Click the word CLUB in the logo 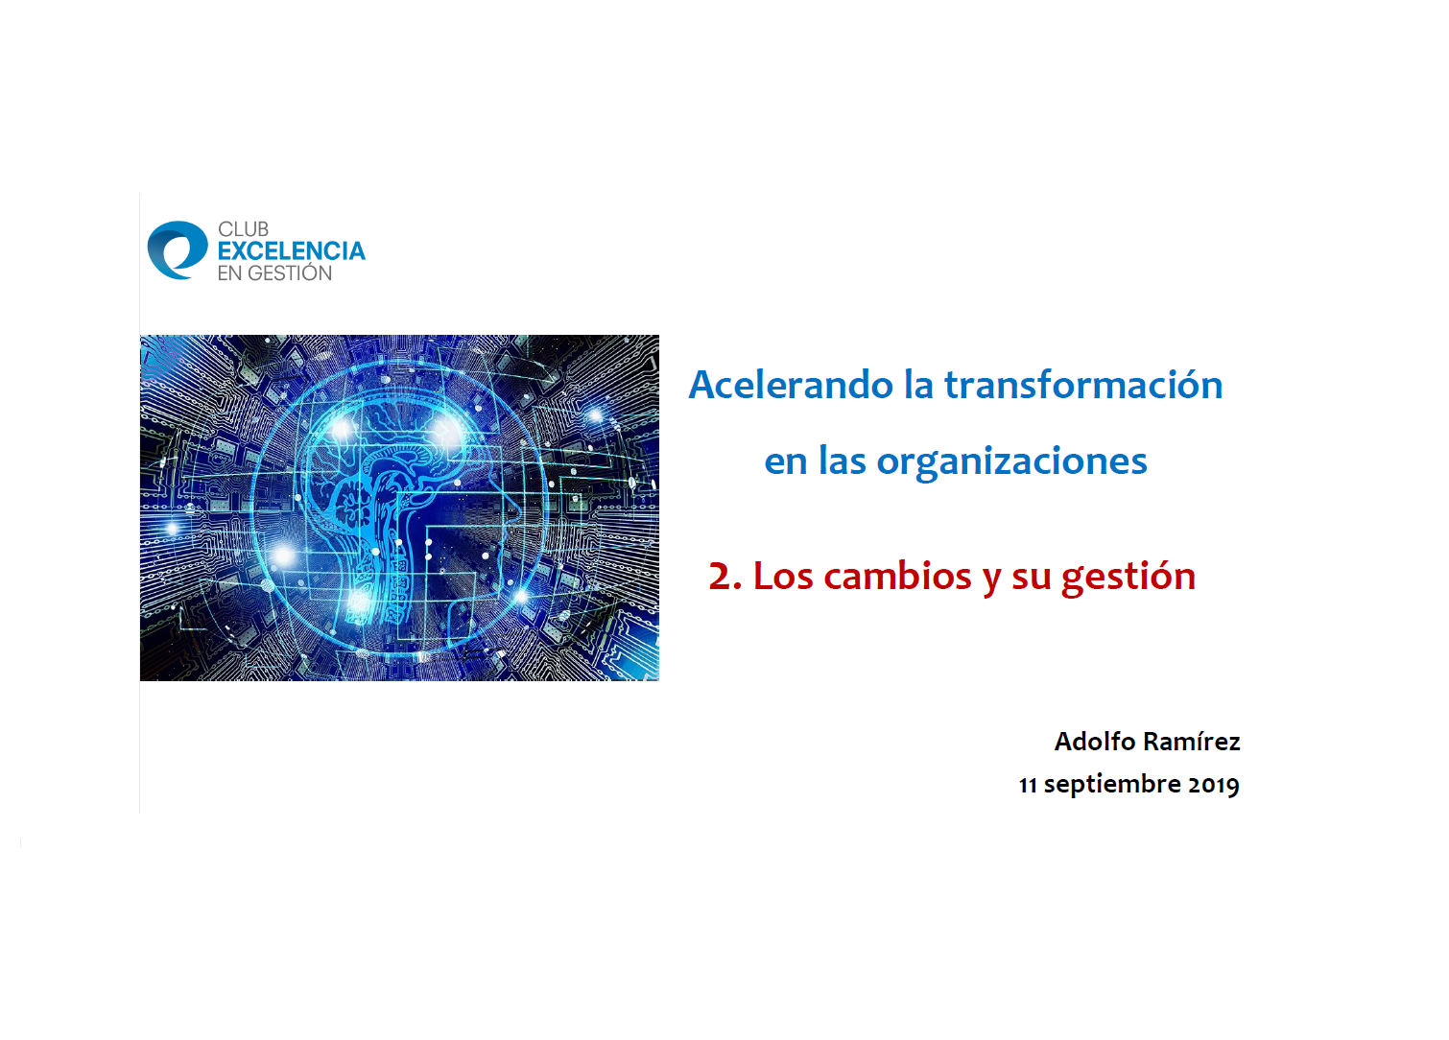coord(243,229)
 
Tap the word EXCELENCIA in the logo coord(292,251)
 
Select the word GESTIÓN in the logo coord(290,272)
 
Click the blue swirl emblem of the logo coord(178,250)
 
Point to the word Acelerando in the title coord(791,385)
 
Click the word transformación coord(1083,385)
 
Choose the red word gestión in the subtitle coord(1128,578)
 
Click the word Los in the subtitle coord(783,576)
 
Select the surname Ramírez coord(1192,742)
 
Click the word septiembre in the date coord(1112,785)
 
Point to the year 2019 coord(1214,785)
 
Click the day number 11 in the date coord(1028,785)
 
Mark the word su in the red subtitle coord(1032,577)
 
